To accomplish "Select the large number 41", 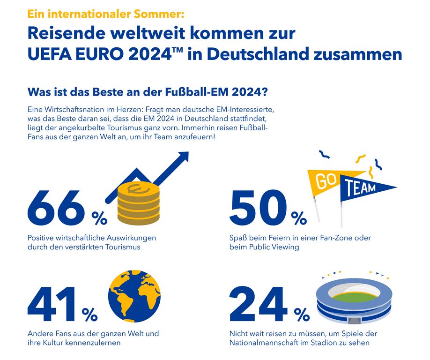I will tap(52, 304).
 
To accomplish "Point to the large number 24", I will tap(258, 304).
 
